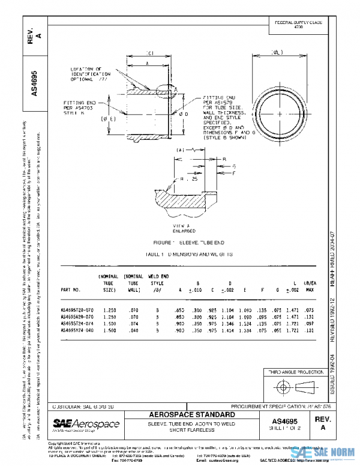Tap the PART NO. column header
click(71, 289)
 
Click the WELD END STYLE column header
click(157, 280)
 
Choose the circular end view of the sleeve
click(278, 112)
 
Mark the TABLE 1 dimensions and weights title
click(180, 255)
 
